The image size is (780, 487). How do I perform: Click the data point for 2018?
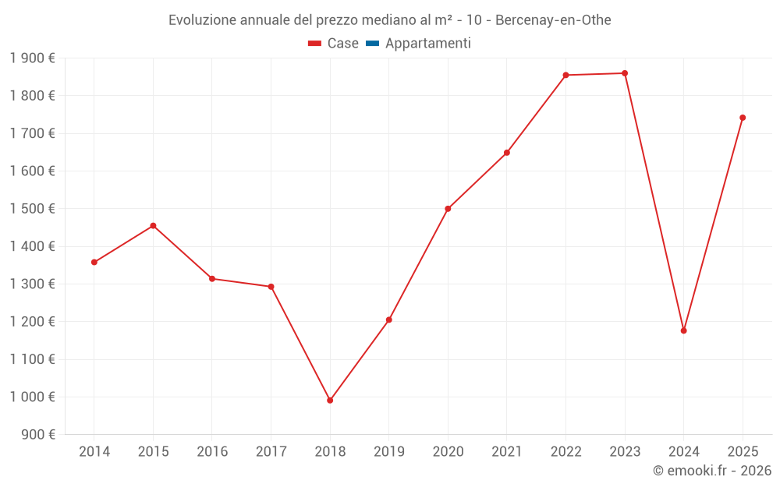pos(330,401)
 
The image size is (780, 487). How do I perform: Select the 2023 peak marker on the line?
pos(625,73)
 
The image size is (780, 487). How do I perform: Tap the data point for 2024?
pos(684,330)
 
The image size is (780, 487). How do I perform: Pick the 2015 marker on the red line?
pos(153,226)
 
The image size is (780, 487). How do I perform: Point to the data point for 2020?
pos(448,209)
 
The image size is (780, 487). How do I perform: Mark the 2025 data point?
pos(743,118)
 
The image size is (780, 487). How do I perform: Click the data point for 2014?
pos(94,262)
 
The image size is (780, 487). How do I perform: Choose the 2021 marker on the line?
pos(507,153)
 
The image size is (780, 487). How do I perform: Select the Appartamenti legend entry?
pos(427,44)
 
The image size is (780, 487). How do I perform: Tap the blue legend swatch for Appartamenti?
pos(372,44)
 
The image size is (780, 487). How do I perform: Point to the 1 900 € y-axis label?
pos(32,58)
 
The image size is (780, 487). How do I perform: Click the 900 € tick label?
pos(39,435)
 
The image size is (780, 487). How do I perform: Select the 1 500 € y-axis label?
pos(32,209)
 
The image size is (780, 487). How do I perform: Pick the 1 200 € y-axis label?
pos(32,322)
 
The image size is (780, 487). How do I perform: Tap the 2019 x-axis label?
pos(389,452)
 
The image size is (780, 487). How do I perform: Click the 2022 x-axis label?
pos(565,452)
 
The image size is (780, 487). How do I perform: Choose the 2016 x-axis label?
pos(212,452)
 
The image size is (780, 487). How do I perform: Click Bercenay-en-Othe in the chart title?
pos(553,20)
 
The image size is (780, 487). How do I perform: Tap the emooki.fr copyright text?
pos(712,471)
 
